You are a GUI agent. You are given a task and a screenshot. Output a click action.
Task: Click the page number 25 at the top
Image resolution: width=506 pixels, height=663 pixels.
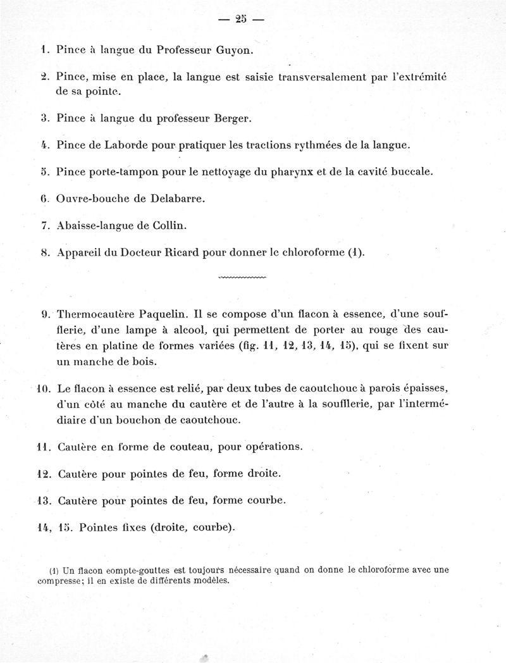(x=240, y=19)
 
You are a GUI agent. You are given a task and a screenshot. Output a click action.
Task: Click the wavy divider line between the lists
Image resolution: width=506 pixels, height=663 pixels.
(x=242, y=277)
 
